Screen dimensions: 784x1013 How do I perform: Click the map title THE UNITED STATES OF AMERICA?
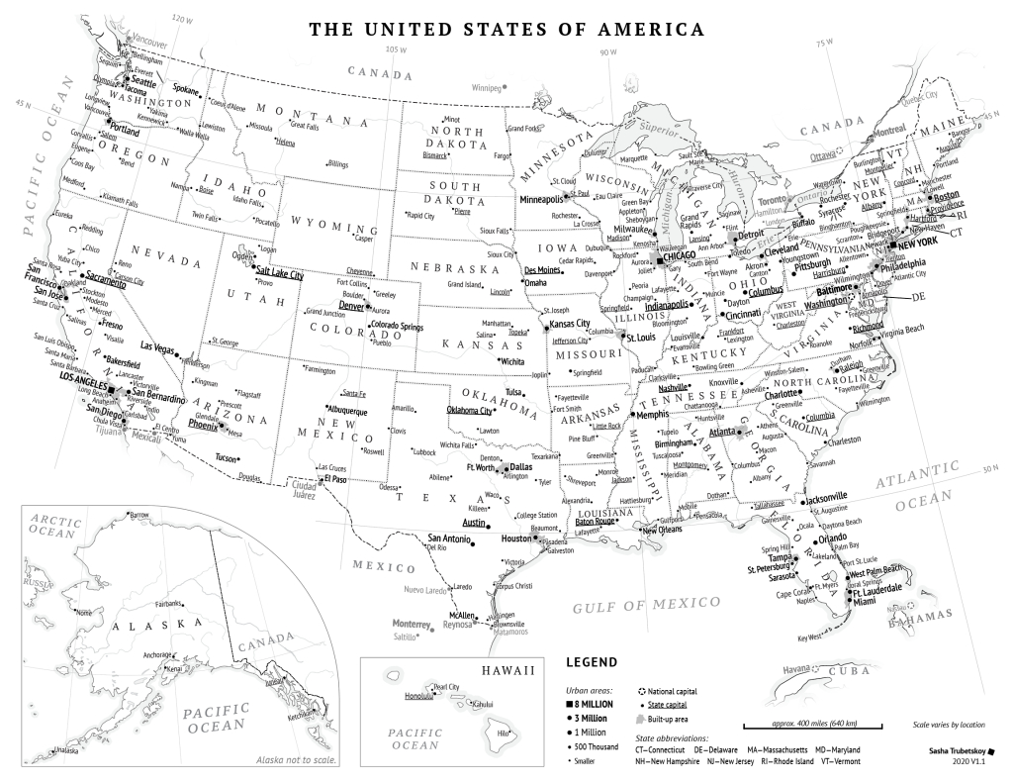click(506, 29)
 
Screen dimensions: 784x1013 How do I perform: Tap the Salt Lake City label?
click(280, 272)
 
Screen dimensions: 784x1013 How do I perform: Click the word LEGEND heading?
click(591, 662)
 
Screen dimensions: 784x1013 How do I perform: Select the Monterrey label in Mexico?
click(412, 625)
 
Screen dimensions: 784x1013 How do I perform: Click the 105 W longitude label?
click(396, 50)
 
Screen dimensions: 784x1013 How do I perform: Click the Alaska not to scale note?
click(296, 759)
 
